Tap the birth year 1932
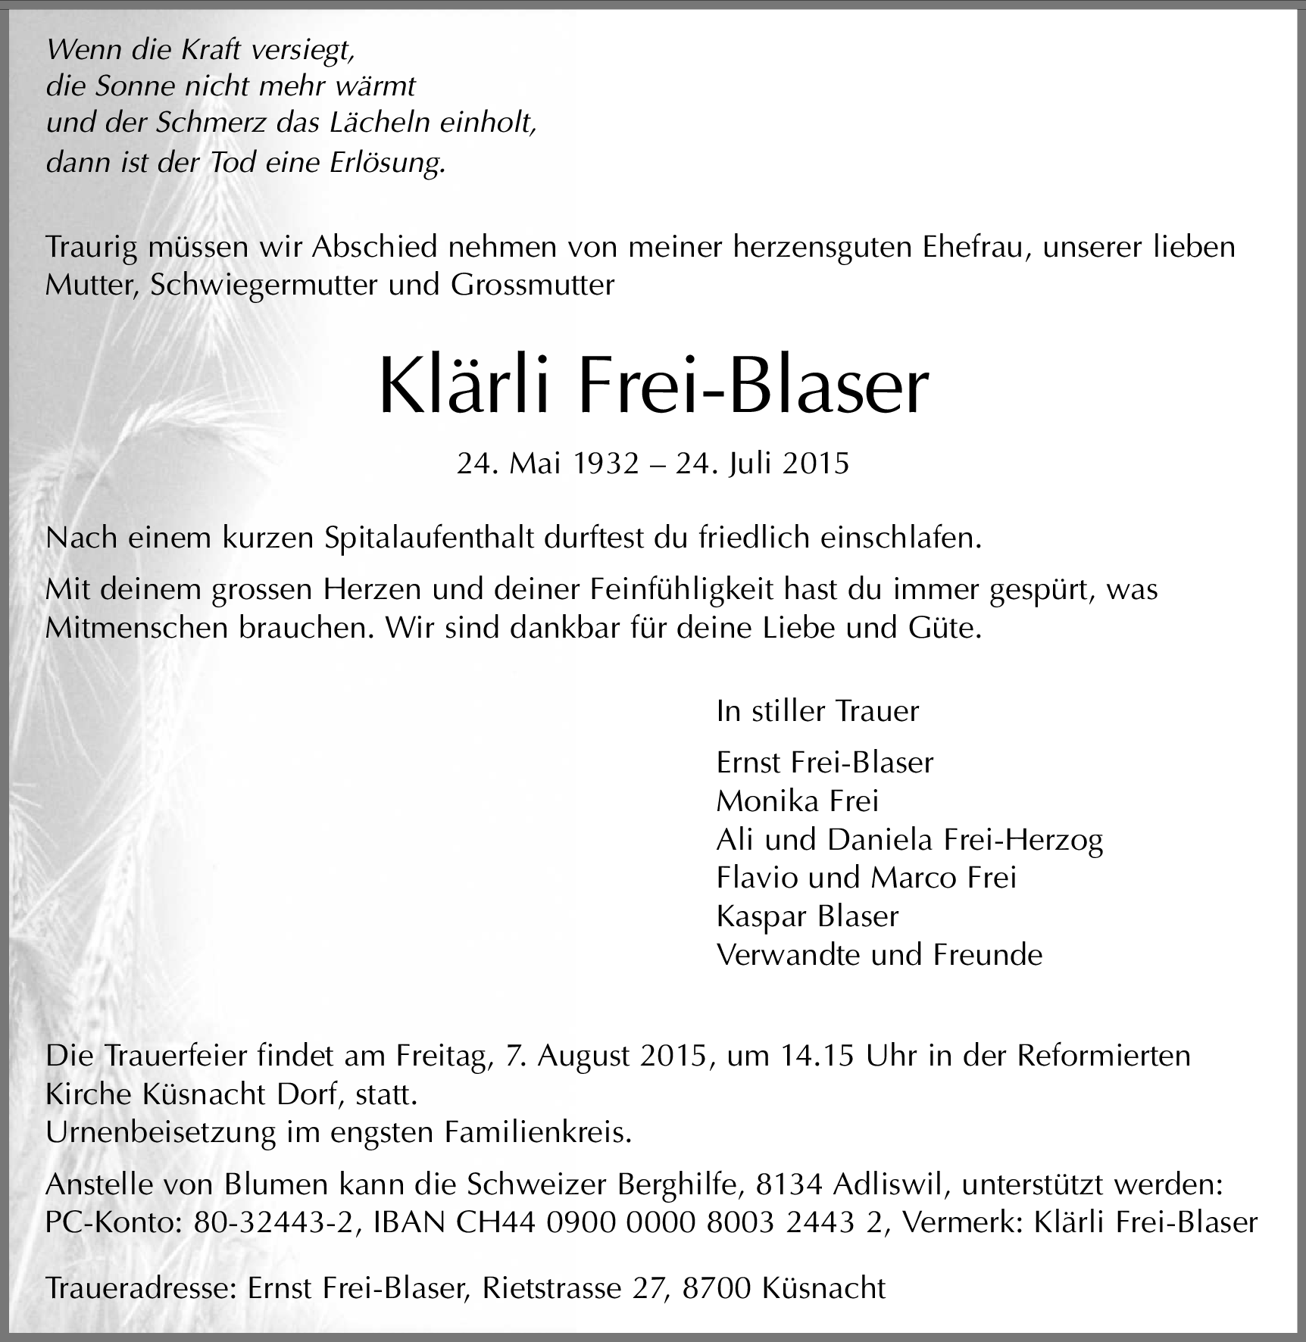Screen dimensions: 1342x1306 coord(606,463)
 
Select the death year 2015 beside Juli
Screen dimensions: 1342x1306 coord(815,463)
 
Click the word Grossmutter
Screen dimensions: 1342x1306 coord(532,285)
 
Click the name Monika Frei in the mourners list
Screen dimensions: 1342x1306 coord(798,801)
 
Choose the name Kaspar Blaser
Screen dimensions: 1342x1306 coord(807,916)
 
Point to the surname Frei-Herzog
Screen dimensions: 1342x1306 coord(1023,839)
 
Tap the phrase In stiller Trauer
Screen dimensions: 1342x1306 coord(817,711)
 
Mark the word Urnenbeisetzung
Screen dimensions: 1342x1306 coord(159,1133)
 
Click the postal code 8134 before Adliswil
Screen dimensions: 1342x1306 coord(789,1184)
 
